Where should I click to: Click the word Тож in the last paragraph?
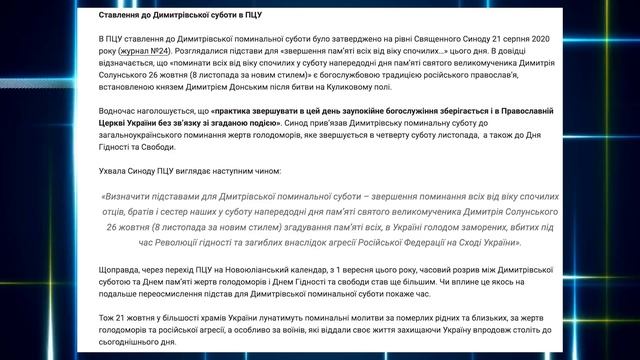[108, 319]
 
